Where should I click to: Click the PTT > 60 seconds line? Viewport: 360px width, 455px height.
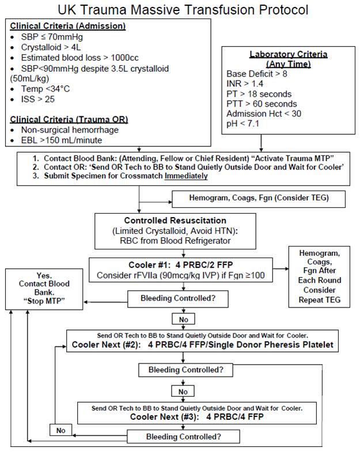(x=262, y=104)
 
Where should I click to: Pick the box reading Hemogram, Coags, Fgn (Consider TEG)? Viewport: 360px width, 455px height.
(x=259, y=199)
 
